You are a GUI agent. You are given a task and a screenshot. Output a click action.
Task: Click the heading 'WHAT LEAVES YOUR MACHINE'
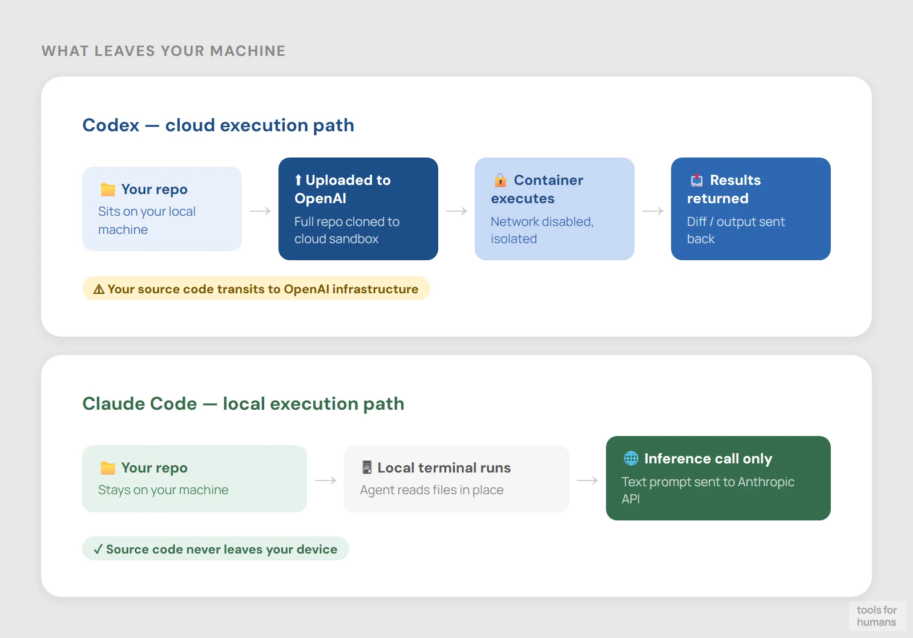pos(163,51)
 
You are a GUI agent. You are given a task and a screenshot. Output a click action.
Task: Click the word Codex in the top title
pos(111,125)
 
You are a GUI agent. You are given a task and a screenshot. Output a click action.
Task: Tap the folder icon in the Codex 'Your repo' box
pos(108,189)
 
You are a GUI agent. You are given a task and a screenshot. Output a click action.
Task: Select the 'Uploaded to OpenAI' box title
pos(342,189)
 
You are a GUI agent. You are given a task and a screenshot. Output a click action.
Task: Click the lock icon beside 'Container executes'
pos(500,180)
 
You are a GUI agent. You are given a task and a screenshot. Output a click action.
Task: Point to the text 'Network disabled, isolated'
pos(542,230)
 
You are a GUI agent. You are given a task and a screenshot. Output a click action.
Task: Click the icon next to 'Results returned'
pos(697,180)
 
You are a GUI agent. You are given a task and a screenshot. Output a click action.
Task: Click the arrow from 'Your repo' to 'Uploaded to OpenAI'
pos(260,211)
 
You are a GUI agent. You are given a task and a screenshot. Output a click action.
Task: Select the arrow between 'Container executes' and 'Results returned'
pos(653,211)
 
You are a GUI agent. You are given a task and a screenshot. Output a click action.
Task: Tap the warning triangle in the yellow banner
pos(99,289)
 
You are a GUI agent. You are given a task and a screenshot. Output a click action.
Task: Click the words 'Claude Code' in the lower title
pos(140,403)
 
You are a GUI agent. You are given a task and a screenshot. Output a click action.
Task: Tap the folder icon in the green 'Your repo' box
pos(108,468)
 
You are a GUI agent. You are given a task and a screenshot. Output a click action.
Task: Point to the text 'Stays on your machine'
pos(163,490)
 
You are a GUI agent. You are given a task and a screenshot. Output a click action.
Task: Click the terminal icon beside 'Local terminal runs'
pos(367,467)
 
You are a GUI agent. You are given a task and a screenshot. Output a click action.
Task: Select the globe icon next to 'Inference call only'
pos(631,458)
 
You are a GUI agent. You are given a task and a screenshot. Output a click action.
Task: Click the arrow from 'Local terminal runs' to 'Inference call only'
pos(587,480)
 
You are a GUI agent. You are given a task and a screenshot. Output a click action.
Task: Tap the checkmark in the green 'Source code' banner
pos(98,549)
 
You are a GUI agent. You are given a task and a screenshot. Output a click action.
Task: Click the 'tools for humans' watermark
pos(876,616)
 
